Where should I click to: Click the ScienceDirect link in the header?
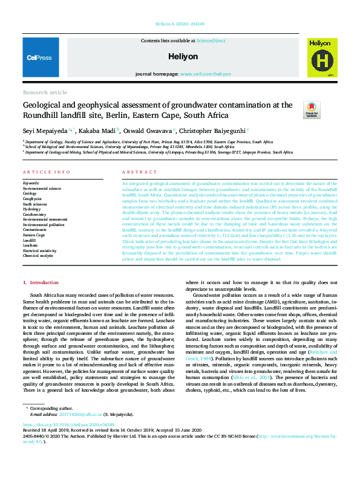211,41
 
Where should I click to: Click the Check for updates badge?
311,108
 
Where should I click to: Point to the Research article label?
45,92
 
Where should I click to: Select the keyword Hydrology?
32,209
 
